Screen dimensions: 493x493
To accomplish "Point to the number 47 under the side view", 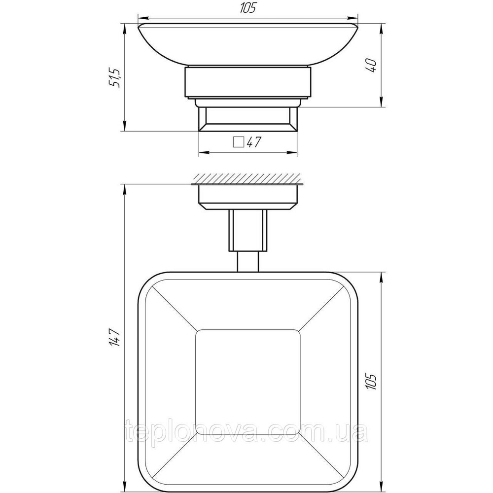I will (x=253, y=142).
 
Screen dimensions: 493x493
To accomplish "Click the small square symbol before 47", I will (x=239, y=142).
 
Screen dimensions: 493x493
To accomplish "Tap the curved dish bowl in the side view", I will (x=248, y=44).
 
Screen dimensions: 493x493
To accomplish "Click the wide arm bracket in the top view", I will (x=247, y=229).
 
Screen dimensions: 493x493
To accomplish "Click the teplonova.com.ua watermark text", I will (x=246, y=434).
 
